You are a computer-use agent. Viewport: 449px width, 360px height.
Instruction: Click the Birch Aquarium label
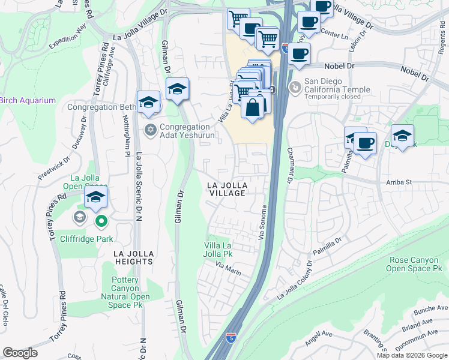pyautogui.click(x=28, y=100)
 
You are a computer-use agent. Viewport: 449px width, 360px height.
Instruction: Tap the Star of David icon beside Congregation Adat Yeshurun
pyautogui.click(x=151, y=129)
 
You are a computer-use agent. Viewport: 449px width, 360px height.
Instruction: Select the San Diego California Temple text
pyautogui.click(x=337, y=85)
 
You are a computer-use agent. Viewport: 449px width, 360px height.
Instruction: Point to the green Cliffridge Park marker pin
pyautogui.click(x=101, y=222)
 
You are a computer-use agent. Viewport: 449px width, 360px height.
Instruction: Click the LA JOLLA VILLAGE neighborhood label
pyautogui.click(x=228, y=188)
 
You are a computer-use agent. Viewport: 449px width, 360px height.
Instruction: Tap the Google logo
pyautogui.click(x=20, y=352)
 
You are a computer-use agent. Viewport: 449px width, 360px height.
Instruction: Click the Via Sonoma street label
pyautogui.click(x=262, y=223)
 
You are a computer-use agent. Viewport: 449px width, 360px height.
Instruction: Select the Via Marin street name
pyautogui.click(x=228, y=269)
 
